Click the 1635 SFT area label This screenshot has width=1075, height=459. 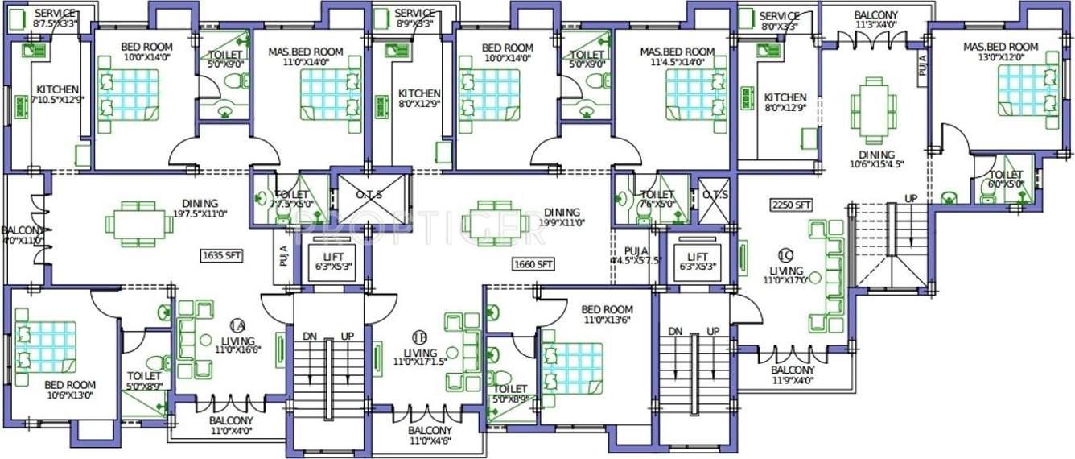click(x=221, y=256)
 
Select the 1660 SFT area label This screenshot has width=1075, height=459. click(x=533, y=263)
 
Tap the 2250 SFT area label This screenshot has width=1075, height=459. click(x=791, y=205)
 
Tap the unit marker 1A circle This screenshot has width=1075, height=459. click(x=237, y=325)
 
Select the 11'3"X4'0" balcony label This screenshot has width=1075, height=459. click(x=875, y=20)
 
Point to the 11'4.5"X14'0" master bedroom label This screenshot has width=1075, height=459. click(x=677, y=56)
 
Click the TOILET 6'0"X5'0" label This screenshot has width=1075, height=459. click(x=1006, y=180)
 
